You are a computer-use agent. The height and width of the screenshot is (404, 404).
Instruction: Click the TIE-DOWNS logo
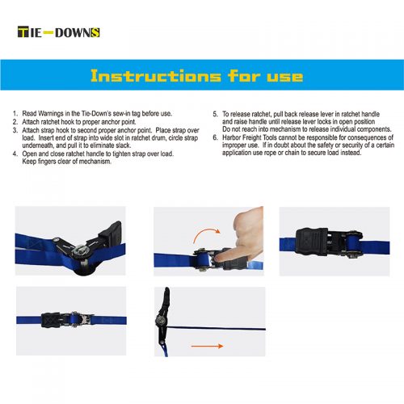pyautogui.click(x=59, y=32)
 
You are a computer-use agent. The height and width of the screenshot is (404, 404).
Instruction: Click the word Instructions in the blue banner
pyautogui.click(x=156, y=76)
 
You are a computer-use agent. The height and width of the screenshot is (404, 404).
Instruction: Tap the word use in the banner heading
pyautogui.click(x=285, y=77)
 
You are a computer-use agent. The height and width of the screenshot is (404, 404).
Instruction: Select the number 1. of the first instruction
pyautogui.click(x=15, y=113)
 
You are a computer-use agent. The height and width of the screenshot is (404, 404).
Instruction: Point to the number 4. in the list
pyautogui.click(x=15, y=154)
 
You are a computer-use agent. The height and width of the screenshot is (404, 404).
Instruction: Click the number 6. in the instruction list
pyautogui.click(x=215, y=137)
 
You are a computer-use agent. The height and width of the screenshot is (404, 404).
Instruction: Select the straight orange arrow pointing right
pyautogui.click(x=207, y=346)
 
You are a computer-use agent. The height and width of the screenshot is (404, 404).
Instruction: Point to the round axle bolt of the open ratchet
pyautogui.click(x=80, y=250)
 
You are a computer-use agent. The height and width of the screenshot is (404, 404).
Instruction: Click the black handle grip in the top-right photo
pyautogui.click(x=311, y=242)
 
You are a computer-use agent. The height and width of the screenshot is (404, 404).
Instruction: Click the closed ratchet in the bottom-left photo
pyautogui.click(x=67, y=320)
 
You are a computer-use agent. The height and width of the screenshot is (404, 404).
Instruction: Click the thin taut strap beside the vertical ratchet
pyautogui.click(x=217, y=328)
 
